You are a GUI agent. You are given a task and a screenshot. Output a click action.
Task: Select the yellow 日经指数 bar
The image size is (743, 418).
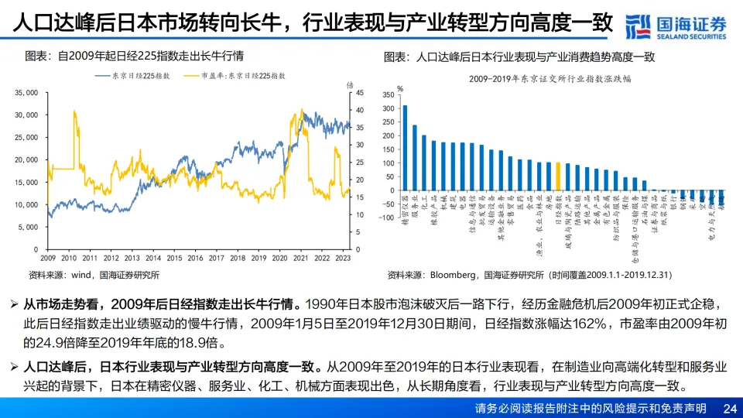coord(557,176)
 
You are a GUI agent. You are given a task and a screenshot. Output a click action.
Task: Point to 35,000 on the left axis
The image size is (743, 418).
coord(26,92)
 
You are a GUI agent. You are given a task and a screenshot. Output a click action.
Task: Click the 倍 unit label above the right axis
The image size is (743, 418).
coord(350,84)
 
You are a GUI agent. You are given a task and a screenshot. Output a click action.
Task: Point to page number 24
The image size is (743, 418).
coord(729,408)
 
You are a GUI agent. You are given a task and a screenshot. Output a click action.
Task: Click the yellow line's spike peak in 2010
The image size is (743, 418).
coord(74,111)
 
